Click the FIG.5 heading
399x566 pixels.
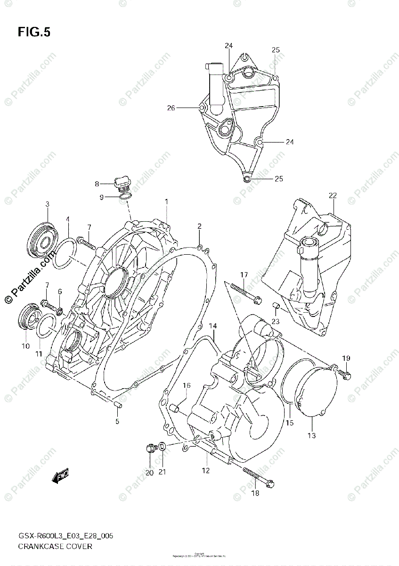click(34, 32)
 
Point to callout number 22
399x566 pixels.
click(333, 195)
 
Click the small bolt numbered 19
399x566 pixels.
click(343, 375)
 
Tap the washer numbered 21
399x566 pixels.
click(161, 446)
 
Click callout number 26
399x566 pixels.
click(171, 108)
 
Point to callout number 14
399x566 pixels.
click(212, 326)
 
